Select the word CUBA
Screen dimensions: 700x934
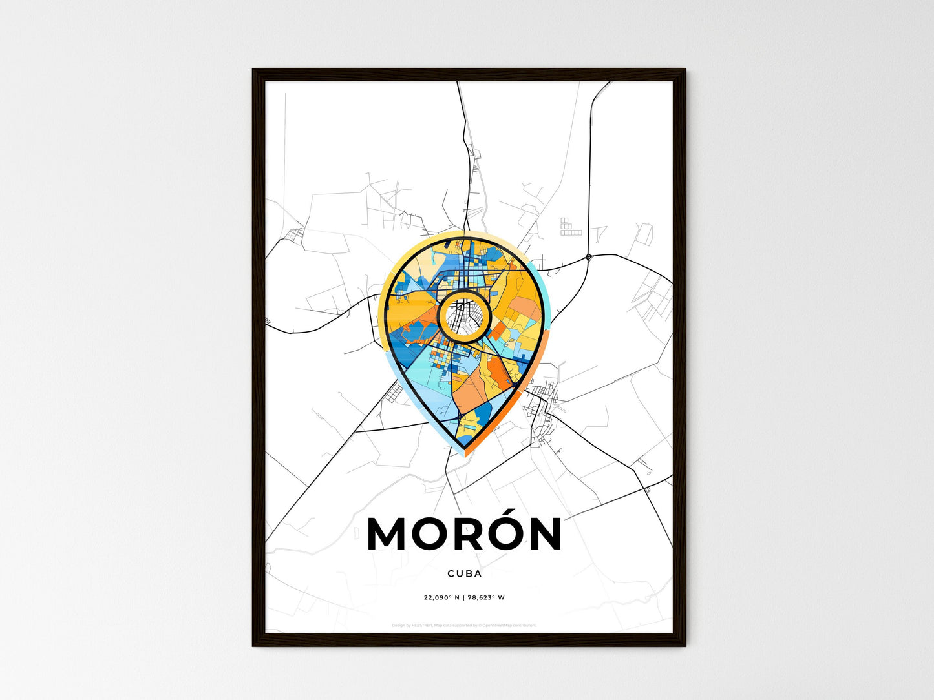464,573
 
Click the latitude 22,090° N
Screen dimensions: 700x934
441,597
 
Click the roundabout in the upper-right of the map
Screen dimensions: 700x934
588,257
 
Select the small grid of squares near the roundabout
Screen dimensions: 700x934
569,227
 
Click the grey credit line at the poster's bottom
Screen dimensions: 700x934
464,625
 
